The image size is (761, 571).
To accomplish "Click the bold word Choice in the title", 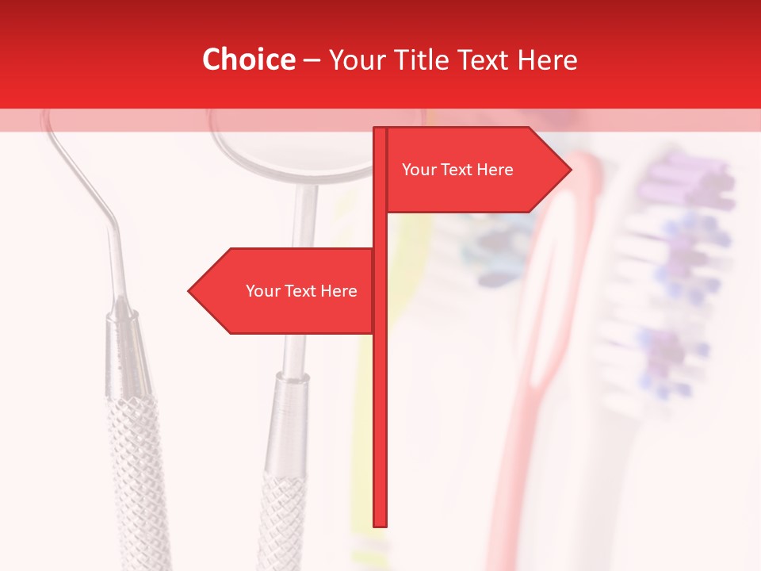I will click(248, 59).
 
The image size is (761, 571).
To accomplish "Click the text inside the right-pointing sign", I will click(457, 170).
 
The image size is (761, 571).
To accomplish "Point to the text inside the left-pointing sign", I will click(301, 291).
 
